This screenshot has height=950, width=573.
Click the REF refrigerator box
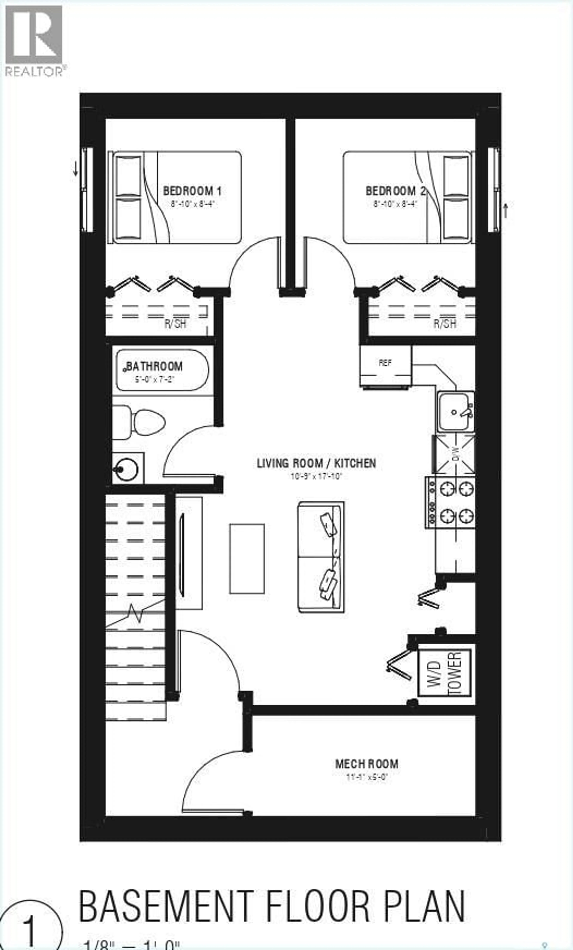point(385,364)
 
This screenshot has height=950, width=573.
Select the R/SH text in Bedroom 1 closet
point(175,324)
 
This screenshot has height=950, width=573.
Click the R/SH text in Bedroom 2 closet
point(445,324)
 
